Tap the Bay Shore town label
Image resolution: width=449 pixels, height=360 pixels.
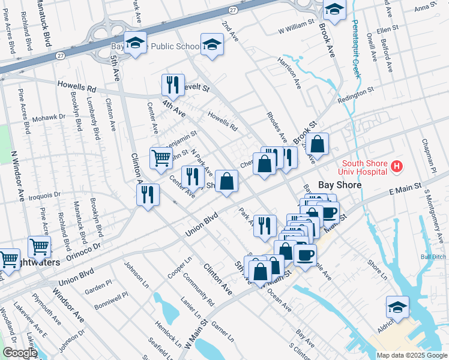coord(339,185)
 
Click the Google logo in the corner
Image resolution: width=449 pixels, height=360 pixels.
coord(19,353)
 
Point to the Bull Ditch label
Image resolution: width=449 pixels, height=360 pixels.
coord(433,257)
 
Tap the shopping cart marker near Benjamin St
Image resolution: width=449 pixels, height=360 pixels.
coord(161,158)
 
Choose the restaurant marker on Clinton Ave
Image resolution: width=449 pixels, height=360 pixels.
coord(147,193)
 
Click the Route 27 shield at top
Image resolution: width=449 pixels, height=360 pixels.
coord(232,10)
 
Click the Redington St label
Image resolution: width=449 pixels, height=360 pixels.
coord(355,95)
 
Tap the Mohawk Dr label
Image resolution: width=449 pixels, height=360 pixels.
coord(49,118)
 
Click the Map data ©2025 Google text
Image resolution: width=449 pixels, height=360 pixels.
coord(412,355)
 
